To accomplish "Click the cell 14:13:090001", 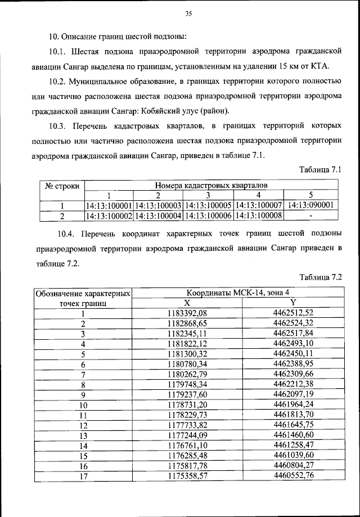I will click(x=311, y=205).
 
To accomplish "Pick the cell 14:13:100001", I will click(x=109, y=205).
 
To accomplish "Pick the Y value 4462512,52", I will click(x=292, y=313).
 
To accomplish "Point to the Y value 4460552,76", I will click(x=292, y=476).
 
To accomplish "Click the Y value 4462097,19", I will click(x=292, y=394).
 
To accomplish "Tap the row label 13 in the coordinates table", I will click(x=83, y=435).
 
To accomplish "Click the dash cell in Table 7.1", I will click(x=311, y=215).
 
